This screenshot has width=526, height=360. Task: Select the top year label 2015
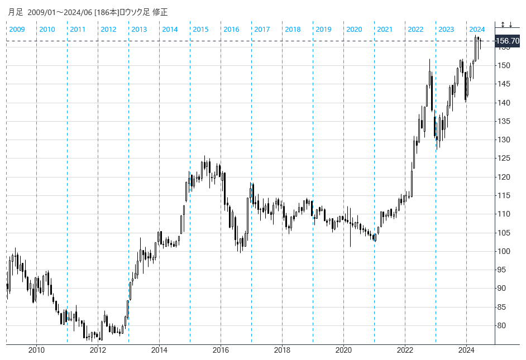[x=200, y=29]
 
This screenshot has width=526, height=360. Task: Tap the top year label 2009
[x=17, y=29]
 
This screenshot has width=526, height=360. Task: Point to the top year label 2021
[x=385, y=29]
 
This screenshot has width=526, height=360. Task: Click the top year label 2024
[x=477, y=29]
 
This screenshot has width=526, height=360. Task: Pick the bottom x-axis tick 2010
[x=36, y=351]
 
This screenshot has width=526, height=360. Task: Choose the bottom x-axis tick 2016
[x=221, y=351]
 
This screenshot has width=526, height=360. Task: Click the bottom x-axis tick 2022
[x=405, y=351]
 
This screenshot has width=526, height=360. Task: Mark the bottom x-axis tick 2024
[x=466, y=351]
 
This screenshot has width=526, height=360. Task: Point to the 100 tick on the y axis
[x=505, y=251]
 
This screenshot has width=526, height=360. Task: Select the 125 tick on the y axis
[x=505, y=159]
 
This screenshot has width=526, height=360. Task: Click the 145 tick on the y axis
[x=505, y=84]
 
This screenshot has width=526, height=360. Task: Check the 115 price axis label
[x=505, y=195]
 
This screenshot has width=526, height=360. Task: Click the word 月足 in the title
[x=16, y=12]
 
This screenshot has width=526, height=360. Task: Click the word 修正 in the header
[x=160, y=12]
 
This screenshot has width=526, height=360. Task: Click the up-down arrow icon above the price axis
[x=503, y=25]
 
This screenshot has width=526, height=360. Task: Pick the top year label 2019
[x=323, y=29]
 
